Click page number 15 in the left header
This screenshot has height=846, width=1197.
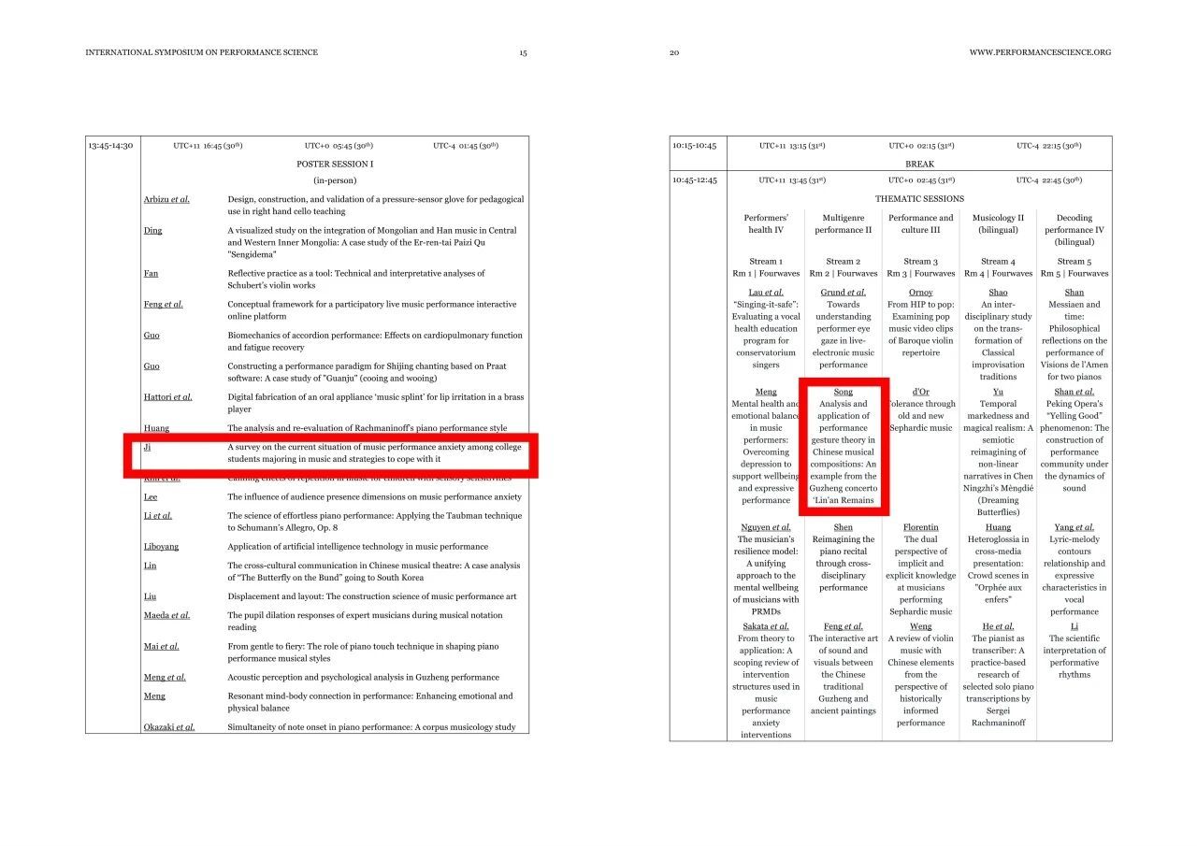pyautogui.click(x=523, y=52)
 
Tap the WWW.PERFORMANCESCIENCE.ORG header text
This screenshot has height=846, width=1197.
pyautogui.click(x=1040, y=52)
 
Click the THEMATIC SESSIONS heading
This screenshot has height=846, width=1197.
pyautogui.click(x=918, y=199)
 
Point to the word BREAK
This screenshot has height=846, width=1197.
pyautogui.click(x=919, y=163)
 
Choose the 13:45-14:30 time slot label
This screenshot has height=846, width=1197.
pyautogui.click(x=110, y=146)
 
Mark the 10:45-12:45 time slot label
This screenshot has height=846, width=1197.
pyautogui.click(x=694, y=180)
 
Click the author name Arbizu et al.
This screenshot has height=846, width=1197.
pyautogui.click(x=166, y=199)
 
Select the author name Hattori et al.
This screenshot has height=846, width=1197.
pyautogui.click(x=168, y=397)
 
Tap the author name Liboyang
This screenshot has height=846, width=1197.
pyautogui.click(x=163, y=547)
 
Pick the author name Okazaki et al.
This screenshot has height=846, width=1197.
pyautogui.click(x=169, y=727)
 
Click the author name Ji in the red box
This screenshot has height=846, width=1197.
pyautogui.click(x=148, y=447)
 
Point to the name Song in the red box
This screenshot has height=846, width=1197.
pyautogui.click(x=843, y=392)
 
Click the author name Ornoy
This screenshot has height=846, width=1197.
pyautogui.click(x=920, y=293)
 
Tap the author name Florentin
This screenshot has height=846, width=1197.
pyautogui.click(x=920, y=527)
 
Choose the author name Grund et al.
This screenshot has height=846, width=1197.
pyautogui.click(x=843, y=293)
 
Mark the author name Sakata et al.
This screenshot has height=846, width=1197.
pyautogui.click(x=766, y=626)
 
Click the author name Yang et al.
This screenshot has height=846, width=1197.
pyautogui.click(x=1074, y=527)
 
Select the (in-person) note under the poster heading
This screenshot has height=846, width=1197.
pyautogui.click(x=334, y=180)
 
